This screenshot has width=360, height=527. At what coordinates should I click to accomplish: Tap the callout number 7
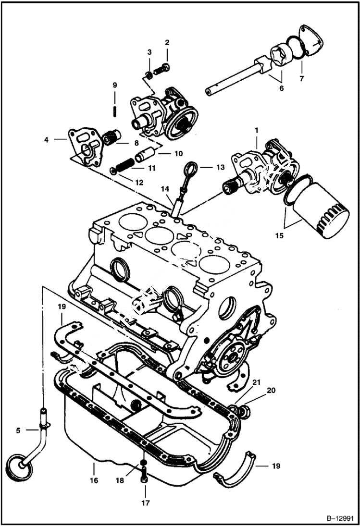tap(301, 78)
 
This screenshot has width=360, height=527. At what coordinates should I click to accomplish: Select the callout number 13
tap(220, 167)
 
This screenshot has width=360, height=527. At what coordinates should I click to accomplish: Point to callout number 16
tap(94, 480)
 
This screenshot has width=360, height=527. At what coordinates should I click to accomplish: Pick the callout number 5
tap(18, 430)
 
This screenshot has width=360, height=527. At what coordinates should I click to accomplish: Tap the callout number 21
tap(256, 382)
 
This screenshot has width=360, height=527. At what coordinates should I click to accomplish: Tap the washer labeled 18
tap(144, 464)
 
